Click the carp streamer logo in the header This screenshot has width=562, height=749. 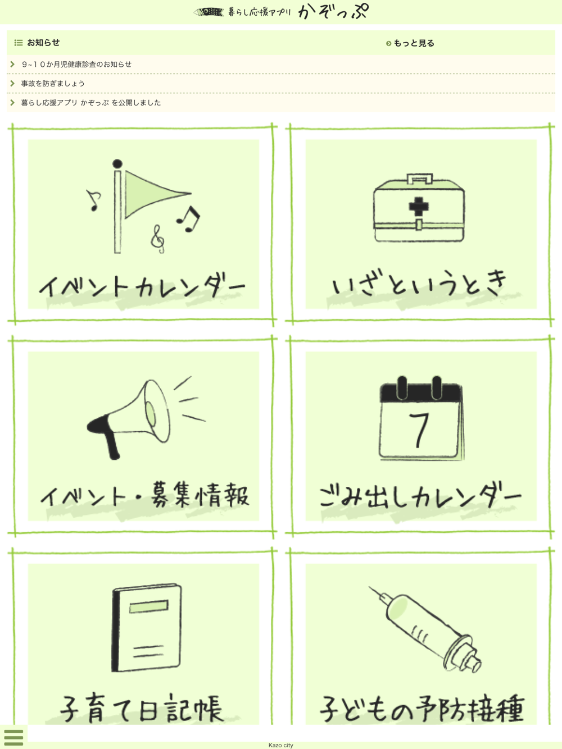(x=209, y=12)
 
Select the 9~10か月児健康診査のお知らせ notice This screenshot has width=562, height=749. (x=76, y=64)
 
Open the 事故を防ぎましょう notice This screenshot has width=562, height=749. (x=53, y=83)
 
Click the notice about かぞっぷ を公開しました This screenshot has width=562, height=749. (x=91, y=102)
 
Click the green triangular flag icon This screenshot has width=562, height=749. (x=153, y=194)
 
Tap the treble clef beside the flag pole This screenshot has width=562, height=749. (x=157, y=239)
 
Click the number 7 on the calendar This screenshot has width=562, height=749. (x=419, y=430)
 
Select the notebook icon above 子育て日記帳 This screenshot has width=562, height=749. (x=147, y=628)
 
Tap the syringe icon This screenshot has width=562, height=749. (x=425, y=629)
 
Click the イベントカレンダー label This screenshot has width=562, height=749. (x=142, y=286)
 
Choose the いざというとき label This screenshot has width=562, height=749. (x=419, y=283)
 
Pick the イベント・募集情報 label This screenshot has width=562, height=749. (x=144, y=495)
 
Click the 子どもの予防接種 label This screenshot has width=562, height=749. (x=422, y=707)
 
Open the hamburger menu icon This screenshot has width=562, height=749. (x=13, y=737)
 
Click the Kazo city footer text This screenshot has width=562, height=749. (x=280, y=745)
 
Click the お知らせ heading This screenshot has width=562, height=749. (x=43, y=42)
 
